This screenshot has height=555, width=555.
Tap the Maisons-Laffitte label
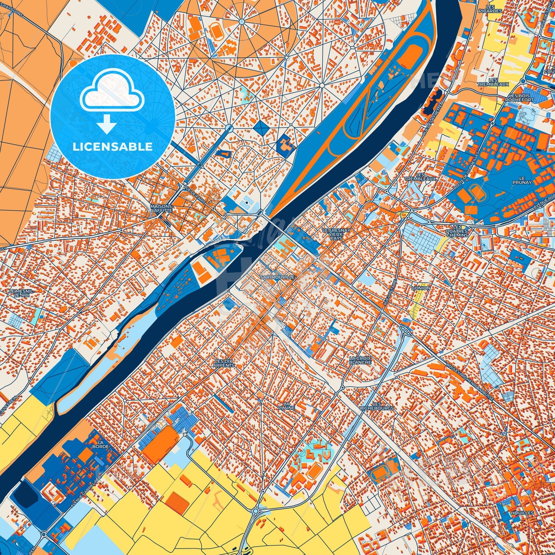tap(161, 208)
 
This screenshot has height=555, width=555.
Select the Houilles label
tap(522, 513)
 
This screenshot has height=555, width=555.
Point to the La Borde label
tap(101, 444)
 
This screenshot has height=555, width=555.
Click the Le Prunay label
tap(522, 180)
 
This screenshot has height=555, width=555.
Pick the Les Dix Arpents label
tap(224, 363)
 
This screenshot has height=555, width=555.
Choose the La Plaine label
tap(286, 406)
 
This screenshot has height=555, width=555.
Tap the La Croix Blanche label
tap(360, 360)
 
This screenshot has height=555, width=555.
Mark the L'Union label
tap(421, 288)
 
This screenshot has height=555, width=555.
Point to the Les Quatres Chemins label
tap(457, 230)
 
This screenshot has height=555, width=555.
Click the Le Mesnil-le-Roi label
tap(21, 293)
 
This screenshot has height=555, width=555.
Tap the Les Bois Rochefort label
tap(519, 98)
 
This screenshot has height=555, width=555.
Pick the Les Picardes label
tap(490, 9)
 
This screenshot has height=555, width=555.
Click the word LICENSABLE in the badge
tap(113, 147)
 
